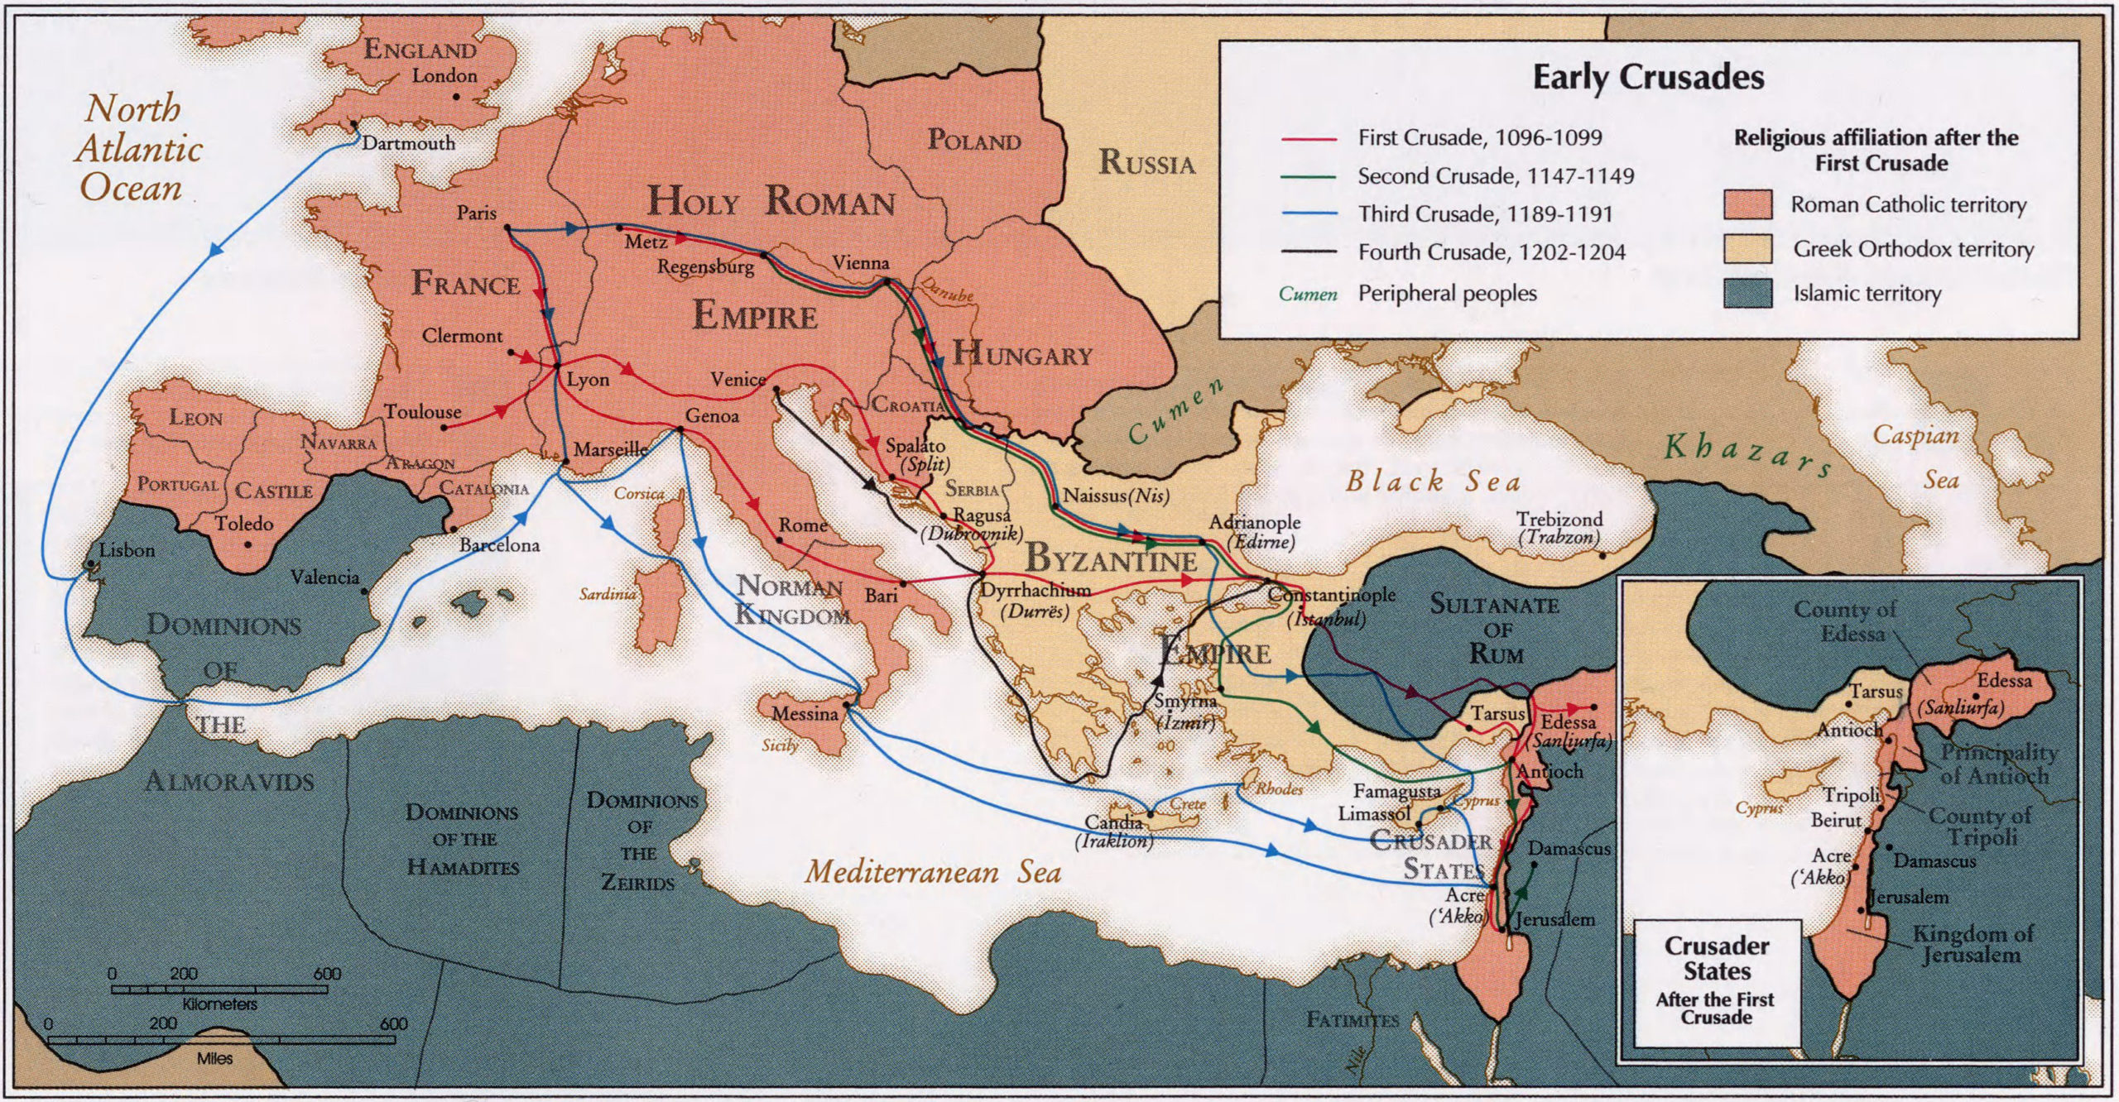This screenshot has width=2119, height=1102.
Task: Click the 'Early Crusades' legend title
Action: (x=1648, y=78)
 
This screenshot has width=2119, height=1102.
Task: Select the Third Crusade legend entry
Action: (x=1485, y=214)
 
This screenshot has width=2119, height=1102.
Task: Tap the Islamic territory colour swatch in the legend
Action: (x=1747, y=294)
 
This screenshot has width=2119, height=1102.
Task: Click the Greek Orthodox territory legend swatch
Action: (x=1747, y=249)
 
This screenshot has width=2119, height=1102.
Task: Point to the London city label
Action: (x=444, y=76)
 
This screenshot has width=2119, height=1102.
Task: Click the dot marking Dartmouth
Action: (x=354, y=126)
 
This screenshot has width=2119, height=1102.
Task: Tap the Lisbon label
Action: (x=127, y=550)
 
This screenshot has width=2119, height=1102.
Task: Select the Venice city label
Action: (x=738, y=380)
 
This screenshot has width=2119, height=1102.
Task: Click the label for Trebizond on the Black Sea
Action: (x=1559, y=520)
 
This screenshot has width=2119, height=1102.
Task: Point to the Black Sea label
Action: (x=1433, y=482)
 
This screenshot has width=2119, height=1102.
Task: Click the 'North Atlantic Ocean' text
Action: (x=138, y=149)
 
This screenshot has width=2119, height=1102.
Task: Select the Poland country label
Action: (x=973, y=140)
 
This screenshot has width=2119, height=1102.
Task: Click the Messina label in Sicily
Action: (x=805, y=714)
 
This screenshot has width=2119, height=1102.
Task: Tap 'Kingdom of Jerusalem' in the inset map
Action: (x=1971, y=944)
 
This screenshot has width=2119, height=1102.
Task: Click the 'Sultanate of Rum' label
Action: (x=1495, y=630)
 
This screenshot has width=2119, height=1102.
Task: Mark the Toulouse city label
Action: (x=422, y=412)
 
